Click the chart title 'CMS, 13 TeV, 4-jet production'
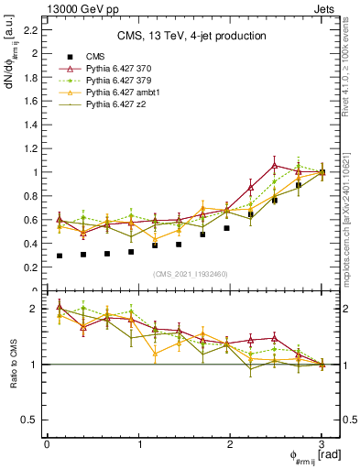(x=191, y=37)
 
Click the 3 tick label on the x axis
(x=322, y=444)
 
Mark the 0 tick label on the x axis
(x=47, y=444)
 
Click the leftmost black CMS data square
(x=60, y=256)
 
